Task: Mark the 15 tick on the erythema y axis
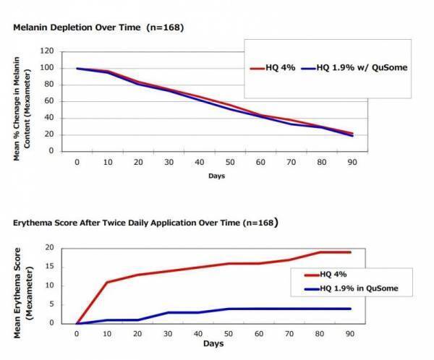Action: tap(51, 266)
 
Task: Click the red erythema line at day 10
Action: tap(108, 282)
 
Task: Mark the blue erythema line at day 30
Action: tap(169, 312)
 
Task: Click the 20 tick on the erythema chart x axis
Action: tap(138, 334)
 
